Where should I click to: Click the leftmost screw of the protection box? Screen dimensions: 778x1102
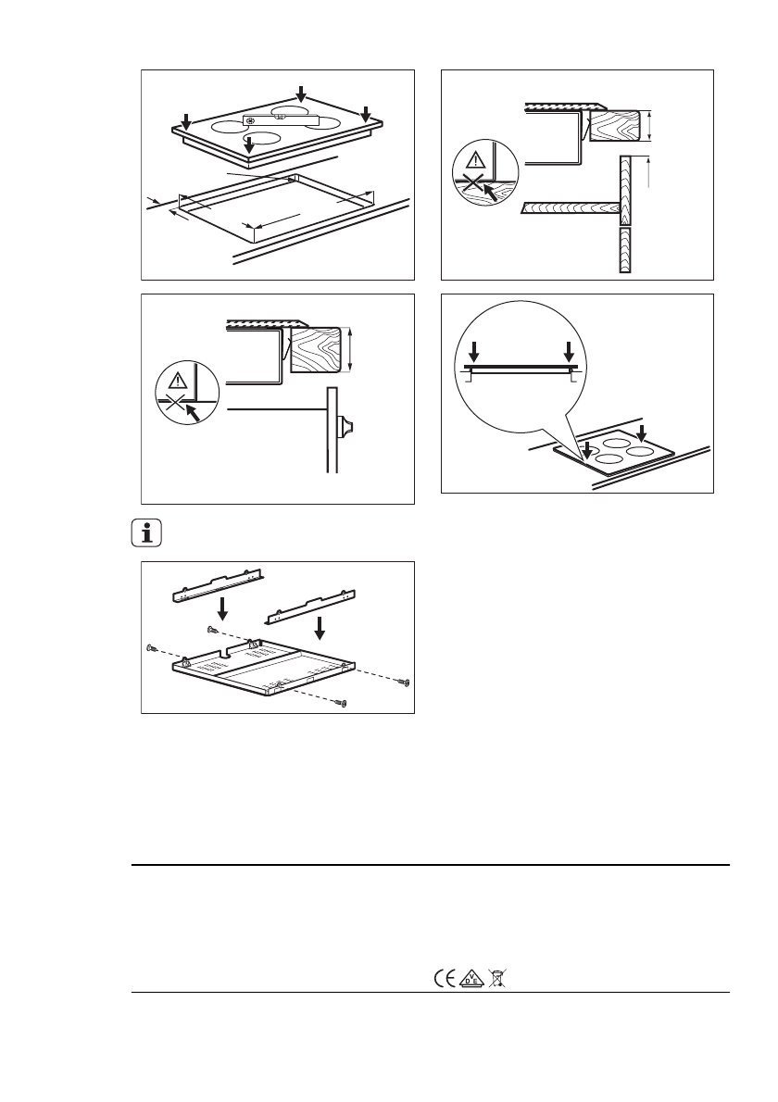click(151, 648)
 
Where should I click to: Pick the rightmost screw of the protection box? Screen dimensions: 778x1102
click(405, 682)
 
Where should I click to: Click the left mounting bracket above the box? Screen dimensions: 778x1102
click(220, 584)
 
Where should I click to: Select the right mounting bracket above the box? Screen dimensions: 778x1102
click(310, 605)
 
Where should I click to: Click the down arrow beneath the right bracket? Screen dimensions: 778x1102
click(320, 629)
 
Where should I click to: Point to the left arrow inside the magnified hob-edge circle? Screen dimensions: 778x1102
click(474, 352)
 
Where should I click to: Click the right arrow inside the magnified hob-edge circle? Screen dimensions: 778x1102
click(570, 352)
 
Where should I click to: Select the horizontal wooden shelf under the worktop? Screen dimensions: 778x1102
click(570, 208)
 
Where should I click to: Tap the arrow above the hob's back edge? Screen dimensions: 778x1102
click(300, 94)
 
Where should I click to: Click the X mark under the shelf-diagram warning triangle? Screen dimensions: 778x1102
click(473, 184)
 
